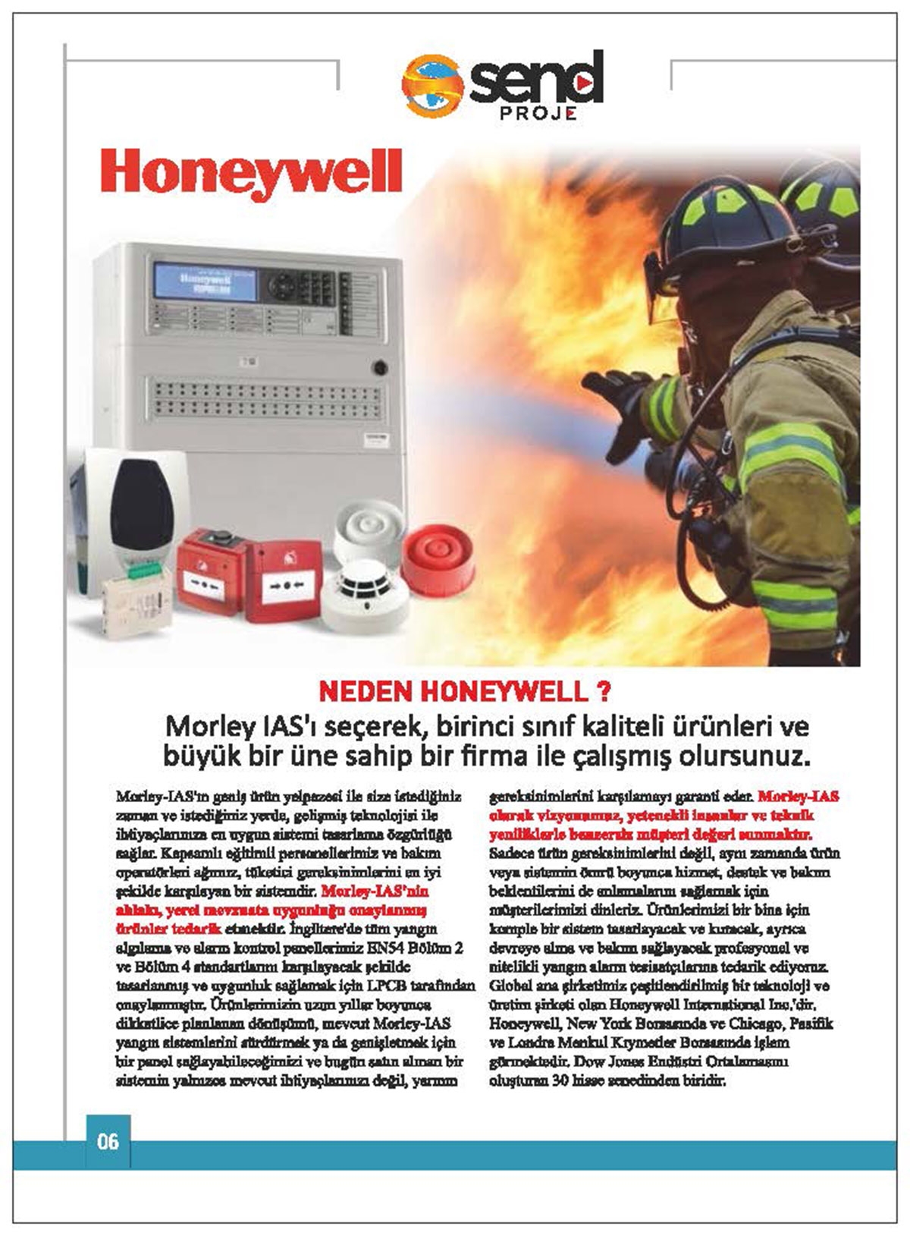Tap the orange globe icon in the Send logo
point(432,85)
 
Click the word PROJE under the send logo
point(538,114)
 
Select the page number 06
point(108,1141)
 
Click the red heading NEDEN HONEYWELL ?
point(465,692)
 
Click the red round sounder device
point(437,558)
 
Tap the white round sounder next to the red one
point(371,527)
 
